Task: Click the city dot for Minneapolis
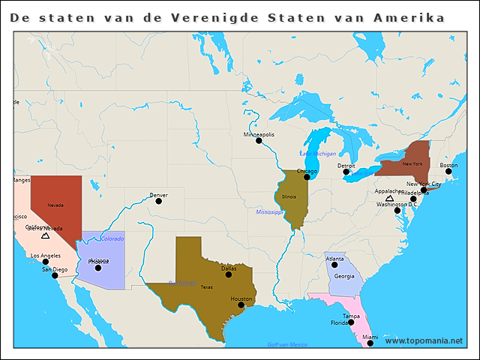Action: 259,140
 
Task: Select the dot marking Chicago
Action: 307,177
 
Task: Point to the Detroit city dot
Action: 346,172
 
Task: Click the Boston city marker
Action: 448,171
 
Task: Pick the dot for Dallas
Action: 229,274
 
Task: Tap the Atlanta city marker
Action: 334,265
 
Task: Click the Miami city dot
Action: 370,343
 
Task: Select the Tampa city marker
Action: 351,322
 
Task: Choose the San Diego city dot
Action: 54,275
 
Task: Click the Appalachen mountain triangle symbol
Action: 389,198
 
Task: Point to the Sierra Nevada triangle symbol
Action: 45,235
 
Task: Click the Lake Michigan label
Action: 318,153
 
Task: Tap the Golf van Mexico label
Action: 287,344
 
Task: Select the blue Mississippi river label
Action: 268,212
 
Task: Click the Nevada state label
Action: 55,205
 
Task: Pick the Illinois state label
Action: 289,196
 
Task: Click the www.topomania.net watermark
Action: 424,340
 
